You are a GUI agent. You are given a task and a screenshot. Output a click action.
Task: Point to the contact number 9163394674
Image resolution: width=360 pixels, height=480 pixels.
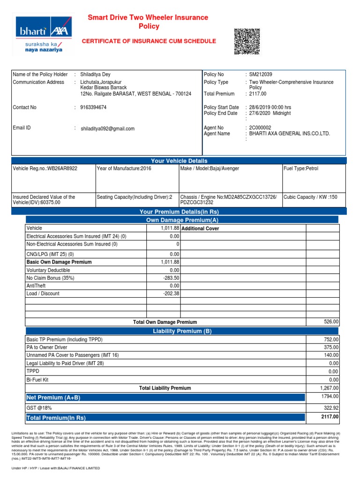[93, 107]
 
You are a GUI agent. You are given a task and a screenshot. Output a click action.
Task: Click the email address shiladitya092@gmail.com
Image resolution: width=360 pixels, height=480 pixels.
[108, 128]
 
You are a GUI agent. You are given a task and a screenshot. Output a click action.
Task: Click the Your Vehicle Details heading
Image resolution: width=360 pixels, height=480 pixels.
[180, 161]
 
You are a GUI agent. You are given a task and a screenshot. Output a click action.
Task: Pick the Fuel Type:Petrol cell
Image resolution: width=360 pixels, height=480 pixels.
[301, 168]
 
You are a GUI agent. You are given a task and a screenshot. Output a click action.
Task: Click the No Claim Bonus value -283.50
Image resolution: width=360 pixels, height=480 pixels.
[171, 278]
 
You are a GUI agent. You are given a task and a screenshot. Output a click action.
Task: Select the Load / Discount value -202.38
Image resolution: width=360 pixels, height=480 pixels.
[171, 293]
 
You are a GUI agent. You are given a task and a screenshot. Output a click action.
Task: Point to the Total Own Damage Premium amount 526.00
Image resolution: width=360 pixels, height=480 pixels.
[330, 322]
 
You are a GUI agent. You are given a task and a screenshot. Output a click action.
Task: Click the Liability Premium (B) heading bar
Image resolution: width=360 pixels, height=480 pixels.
[182, 331]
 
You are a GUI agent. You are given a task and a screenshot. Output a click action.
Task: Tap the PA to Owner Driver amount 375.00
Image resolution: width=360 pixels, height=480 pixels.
[330, 347]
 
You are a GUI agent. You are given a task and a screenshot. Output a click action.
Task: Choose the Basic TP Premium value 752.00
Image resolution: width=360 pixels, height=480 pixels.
[330, 339]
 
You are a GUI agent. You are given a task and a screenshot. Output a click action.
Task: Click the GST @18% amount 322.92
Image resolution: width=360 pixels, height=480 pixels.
[330, 408]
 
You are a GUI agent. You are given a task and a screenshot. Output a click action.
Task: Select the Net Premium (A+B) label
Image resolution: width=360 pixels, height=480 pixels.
[53, 397]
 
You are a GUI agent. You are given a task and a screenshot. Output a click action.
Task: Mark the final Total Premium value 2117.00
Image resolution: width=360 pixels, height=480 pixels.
[330, 417]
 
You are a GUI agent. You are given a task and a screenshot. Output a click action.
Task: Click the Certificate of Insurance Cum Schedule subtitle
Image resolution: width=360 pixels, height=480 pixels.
[149, 41]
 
